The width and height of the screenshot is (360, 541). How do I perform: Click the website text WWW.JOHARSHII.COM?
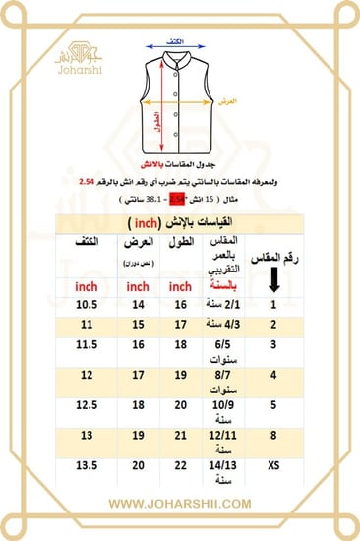click(180, 505)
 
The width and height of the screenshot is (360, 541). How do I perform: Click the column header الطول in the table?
click(178, 242)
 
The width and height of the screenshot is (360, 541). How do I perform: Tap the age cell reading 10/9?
click(223, 403)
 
